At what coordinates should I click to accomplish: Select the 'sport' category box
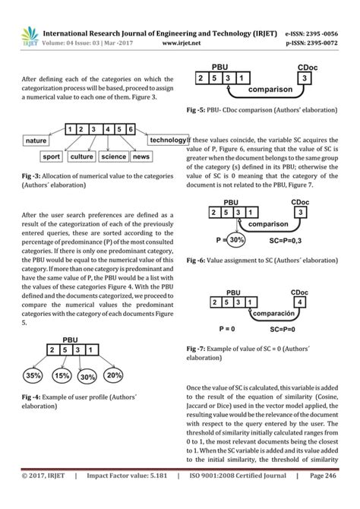(x=51, y=157)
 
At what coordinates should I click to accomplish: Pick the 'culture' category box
(x=81, y=157)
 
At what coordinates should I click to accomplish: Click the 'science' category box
(x=113, y=157)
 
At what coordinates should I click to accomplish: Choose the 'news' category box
(x=142, y=157)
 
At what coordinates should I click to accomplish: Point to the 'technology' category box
(x=168, y=141)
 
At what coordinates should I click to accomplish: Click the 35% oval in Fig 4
(x=33, y=375)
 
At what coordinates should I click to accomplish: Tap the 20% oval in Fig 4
(x=114, y=375)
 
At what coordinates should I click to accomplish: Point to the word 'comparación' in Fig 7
(x=266, y=314)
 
